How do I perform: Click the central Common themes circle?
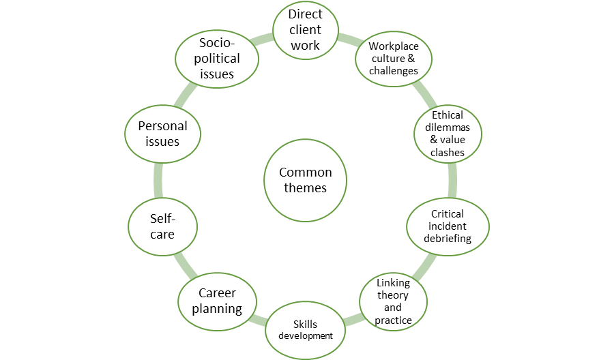click(x=306, y=180)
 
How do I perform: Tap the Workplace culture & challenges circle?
click(x=393, y=58)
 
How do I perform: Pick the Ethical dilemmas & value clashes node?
click(x=448, y=134)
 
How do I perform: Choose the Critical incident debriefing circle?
click(x=448, y=226)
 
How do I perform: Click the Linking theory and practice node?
click(x=393, y=301)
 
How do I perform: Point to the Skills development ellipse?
click(x=304, y=330)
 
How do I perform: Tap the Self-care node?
click(x=162, y=226)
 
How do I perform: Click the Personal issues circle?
click(x=162, y=134)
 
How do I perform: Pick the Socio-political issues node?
click(x=217, y=58)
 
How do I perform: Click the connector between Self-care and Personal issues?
click(x=158, y=180)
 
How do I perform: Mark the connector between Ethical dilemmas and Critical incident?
click(x=452, y=180)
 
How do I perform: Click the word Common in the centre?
click(x=306, y=172)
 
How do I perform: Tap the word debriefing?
click(x=448, y=239)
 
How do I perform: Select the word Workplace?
click(x=393, y=46)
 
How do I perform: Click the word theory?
click(x=393, y=295)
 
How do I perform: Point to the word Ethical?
click(x=448, y=115)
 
